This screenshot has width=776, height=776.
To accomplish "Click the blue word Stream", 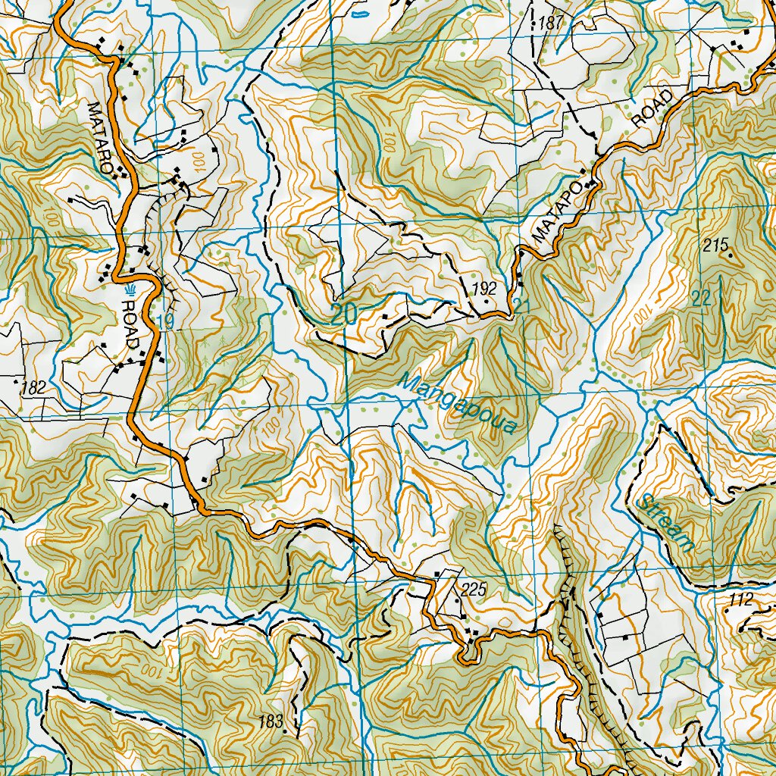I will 666,523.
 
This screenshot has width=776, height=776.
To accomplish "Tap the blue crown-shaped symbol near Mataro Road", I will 130,290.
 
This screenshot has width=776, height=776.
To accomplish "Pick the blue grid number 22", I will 701,299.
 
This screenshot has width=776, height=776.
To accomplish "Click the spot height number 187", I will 551,23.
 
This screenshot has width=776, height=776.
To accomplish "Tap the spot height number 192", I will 483,288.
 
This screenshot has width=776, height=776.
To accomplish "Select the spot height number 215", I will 715,245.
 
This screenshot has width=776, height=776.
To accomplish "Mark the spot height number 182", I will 34,388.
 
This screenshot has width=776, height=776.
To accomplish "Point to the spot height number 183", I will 270,720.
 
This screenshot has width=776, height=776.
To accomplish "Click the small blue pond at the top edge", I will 361,13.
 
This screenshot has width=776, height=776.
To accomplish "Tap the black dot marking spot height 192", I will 487,302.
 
